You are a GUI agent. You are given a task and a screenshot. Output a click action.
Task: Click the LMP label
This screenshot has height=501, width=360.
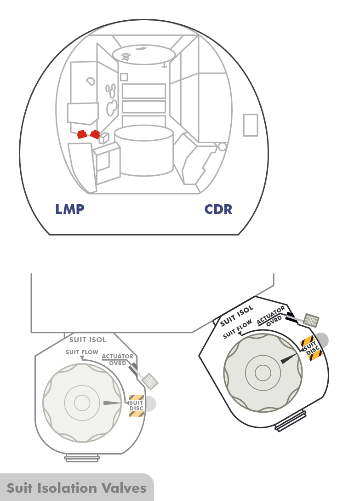pyautogui.click(x=69, y=209)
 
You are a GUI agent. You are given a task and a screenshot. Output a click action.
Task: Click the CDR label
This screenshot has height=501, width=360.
pyautogui.click(x=218, y=209)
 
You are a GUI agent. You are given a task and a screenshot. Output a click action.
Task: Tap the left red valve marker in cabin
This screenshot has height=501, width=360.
pyautogui.click(x=82, y=134)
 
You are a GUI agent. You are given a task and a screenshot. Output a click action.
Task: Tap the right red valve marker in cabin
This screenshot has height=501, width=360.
pyautogui.click(x=95, y=134)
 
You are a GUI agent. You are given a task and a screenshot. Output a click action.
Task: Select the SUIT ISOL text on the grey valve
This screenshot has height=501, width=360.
pyautogui.click(x=87, y=340)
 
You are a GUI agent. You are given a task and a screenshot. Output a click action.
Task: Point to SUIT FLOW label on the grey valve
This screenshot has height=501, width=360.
pyautogui.click(x=82, y=352)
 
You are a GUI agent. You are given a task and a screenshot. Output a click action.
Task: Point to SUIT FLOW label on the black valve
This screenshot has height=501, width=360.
pyautogui.click(x=238, y=329)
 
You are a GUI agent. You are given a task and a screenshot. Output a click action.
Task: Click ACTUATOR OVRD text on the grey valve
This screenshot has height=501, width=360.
pyautogui.click(x=118, y=359)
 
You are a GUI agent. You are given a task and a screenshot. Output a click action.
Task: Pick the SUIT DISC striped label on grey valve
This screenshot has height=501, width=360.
pyautogui.click(x=137, y=406)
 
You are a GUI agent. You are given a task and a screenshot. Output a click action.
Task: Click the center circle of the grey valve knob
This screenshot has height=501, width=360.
pyautogui.click(x=82, y=403)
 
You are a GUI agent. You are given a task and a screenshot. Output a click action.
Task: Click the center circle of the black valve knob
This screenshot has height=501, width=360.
pyautogui.click(x=263, y=372)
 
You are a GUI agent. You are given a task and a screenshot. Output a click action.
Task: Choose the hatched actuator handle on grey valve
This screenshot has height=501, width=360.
pyautogui.click(x=150, y=380)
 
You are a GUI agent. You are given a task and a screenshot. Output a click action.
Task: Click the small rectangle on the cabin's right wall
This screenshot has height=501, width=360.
pyautogui.click(x=251, y=125)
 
